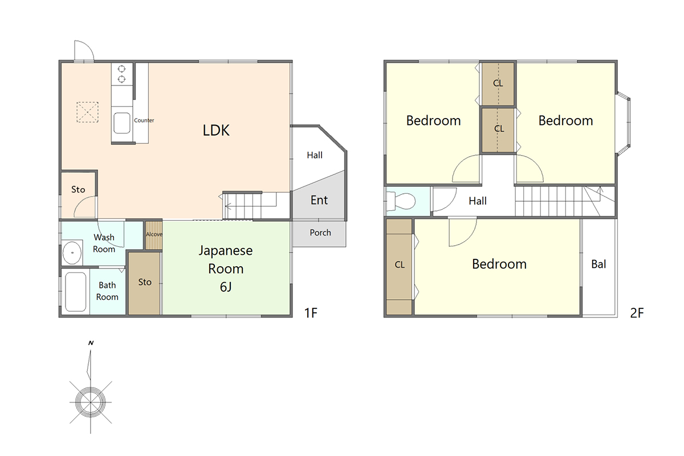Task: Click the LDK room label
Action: [216, 131]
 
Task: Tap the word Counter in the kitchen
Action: [144, 120]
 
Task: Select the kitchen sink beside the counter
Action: [122, 123]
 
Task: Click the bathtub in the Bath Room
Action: [75, 292]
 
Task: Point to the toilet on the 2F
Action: [401, 201]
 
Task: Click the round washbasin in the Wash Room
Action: [72, 253]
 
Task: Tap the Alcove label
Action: [154, 234]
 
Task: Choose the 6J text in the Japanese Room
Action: [226, 287]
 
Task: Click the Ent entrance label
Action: [319, 200]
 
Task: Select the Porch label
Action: [320, 233]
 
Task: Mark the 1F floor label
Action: [311, 313]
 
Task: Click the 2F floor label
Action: [637, 313]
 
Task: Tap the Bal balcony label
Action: [598, 264]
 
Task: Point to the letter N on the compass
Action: [91, 343]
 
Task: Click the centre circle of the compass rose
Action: [91, 402]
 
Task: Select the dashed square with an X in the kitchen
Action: [87, 112]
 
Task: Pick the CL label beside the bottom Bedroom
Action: [400, 264]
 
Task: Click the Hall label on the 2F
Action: [478, 201]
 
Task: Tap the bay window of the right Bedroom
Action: [623, 124]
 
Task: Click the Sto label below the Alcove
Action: [145, 282]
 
